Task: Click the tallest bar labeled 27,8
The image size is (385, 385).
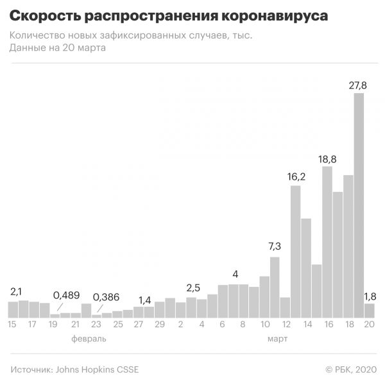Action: click(359, 205)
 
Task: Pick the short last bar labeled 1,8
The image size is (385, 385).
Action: click(370, 311)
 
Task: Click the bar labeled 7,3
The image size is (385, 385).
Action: click(275, 287)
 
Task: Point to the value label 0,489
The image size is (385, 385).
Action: click(65, 295)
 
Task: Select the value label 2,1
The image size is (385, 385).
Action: click(16, 291)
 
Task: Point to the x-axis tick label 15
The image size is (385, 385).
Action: click(13, 325)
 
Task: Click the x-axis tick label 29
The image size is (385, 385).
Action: click(159, 325)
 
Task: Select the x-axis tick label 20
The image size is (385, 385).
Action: click(370, 325)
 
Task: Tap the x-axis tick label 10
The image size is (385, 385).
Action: click(264, 325)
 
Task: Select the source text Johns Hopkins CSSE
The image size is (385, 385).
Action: click(97, 370)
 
